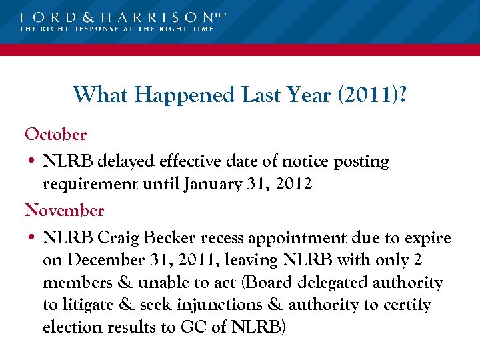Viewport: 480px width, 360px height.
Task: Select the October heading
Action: point(56,134)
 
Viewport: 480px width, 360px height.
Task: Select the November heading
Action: point(65,211)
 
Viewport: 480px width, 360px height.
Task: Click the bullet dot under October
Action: point(31,162)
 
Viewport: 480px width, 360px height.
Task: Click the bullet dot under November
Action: point(31,239)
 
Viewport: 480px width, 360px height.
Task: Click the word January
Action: point(213,184)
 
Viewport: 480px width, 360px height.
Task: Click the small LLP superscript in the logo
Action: point(221,13)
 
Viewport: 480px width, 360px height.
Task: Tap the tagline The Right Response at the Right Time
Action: point(117,29)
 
